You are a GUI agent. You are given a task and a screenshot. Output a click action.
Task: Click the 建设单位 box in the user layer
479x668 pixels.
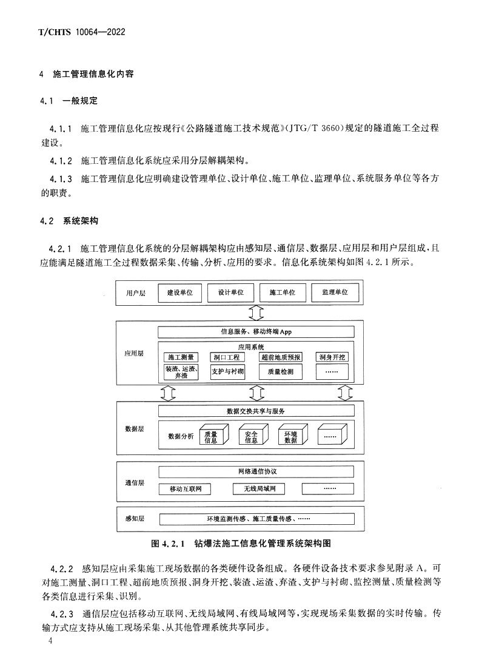[179, 292]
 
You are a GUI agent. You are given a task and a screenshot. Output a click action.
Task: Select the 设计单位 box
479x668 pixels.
[230, 292]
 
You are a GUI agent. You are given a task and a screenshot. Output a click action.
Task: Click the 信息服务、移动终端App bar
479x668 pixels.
[256, 332]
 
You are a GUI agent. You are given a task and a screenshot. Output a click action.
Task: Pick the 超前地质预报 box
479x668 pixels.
[280, 357]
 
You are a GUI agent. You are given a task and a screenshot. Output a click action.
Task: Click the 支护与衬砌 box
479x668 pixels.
[227, 371]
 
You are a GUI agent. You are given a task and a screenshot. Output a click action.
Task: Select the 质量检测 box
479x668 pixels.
[280, 372]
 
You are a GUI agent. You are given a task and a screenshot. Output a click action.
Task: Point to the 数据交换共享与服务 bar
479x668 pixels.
[256, 411]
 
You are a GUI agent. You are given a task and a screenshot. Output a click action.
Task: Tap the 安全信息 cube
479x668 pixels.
[250, 436]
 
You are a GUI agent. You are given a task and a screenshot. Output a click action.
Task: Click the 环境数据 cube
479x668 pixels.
[290, 436]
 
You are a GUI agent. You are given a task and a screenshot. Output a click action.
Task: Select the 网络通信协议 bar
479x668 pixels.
[256, 471]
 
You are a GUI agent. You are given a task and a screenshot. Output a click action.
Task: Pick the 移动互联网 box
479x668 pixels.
[189, 488]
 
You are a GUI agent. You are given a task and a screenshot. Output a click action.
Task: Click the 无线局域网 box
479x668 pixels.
[259, 488]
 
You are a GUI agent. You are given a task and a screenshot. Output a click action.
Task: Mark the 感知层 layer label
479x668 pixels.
[135, 519]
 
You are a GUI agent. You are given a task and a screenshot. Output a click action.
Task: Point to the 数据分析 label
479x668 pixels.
[181, 436]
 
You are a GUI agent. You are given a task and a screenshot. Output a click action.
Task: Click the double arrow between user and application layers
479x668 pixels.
[255, 313]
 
